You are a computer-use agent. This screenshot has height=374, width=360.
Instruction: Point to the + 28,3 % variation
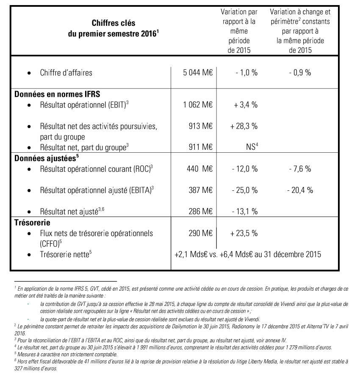pos(244,126)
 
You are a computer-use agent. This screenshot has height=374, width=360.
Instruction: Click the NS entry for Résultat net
pos(248,148)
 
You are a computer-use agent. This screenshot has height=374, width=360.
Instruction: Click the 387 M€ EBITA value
pos(201,190)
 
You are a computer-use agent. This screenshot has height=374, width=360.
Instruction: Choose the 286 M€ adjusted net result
pos(201,211)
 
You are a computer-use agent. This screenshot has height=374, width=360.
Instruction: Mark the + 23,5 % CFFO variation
pos(244,233)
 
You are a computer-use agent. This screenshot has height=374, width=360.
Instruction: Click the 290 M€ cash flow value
pos(201,233)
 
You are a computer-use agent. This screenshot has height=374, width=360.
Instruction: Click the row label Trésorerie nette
pos(66,255)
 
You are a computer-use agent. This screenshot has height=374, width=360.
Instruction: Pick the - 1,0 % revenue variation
pos(246,72)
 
